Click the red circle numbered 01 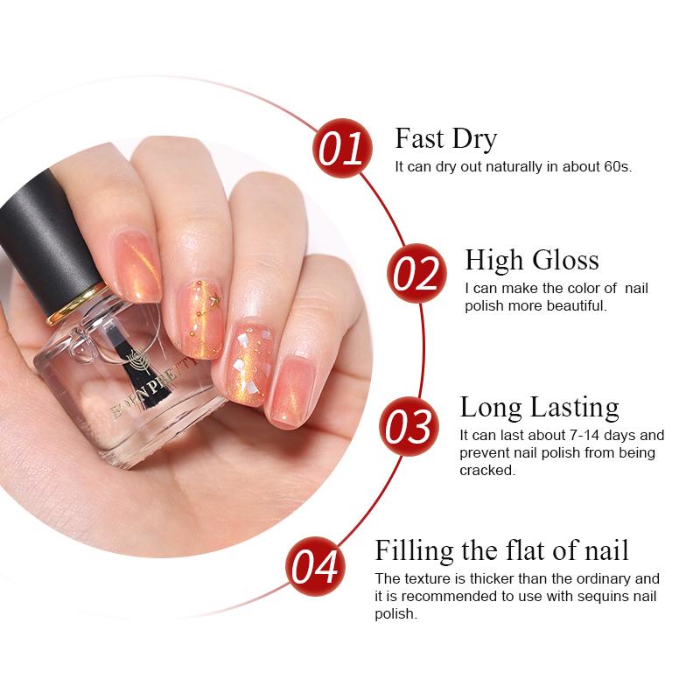[x=342, y=148]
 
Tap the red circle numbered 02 [x=416, y=273]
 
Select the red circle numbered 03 [x=409, y=426]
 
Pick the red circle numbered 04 [x=315, y=566]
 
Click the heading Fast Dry [x=445, y=138]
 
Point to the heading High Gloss [x=532, y=260]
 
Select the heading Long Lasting [x=539, y=407]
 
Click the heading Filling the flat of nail [x=501, y=549]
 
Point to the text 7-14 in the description [x=583, y=435]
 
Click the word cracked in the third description [x=487, y=470]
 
